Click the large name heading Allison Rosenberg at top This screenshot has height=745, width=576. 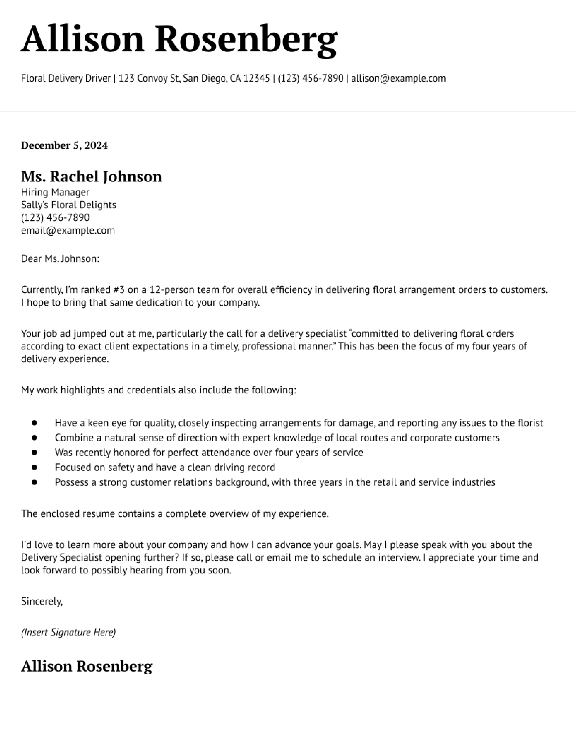tap(179, 40)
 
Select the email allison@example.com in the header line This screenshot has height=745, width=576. tap(398, 79)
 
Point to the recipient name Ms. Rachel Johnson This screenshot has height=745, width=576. tap(91, 177)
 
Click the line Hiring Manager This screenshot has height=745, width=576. tap(55, 192)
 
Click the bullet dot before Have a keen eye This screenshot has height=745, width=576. tap(34, 423)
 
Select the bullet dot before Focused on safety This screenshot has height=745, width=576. tap(34, 467)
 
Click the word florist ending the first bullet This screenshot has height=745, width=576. tap(530, 423)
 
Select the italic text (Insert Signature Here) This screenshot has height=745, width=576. tap(68, 632)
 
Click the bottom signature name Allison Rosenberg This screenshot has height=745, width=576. tap(87, 666)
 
